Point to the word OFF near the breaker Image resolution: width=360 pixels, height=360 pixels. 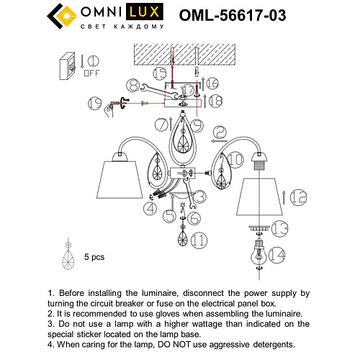[92, 73]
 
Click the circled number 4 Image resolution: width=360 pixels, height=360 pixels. [150, 210]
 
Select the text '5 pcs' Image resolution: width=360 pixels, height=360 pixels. [95, 256]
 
